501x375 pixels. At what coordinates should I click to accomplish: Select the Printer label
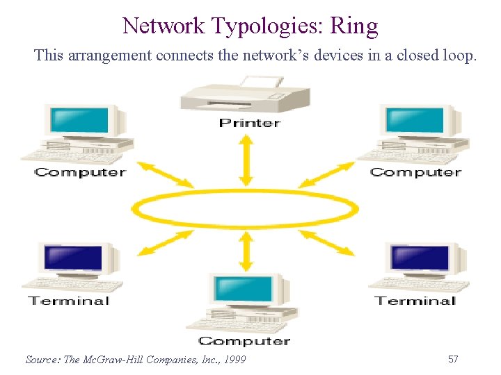[x=249, y=123]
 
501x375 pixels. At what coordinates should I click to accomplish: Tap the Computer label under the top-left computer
[x=80, y=172]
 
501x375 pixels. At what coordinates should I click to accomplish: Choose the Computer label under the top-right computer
[x=415, y=172]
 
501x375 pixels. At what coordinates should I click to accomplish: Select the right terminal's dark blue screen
[x=420, y=258]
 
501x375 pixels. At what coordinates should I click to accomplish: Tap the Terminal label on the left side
[x=68, y=301]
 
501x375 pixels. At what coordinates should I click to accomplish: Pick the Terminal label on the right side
[x=415, y=301]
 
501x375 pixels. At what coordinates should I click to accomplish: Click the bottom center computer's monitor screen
[x=244, y=288]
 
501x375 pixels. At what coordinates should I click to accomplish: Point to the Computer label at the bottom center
[x=244, y=341]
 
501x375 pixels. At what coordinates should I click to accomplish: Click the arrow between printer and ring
[x=245, y=160]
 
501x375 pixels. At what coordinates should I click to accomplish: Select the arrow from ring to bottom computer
[x=245, y=251]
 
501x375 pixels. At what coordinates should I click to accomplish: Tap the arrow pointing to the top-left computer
[x=165, y=174]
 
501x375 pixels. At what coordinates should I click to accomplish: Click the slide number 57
[x=453, y=359]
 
